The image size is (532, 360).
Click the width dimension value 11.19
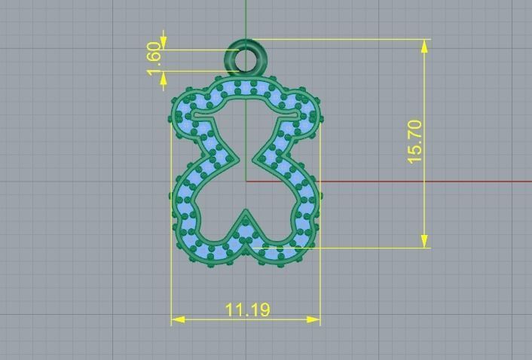tap(248, 310)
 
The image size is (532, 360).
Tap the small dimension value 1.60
tap(155, 59)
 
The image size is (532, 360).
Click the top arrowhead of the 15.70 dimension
tap(426, 45)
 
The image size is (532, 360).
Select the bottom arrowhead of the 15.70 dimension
tap(426, 241)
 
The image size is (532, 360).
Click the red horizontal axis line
tap(422, 182)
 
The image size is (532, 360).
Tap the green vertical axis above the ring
tap(246, 19)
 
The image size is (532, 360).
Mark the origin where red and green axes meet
tap(246, 182)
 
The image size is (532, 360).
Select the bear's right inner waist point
tap(257, 158)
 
